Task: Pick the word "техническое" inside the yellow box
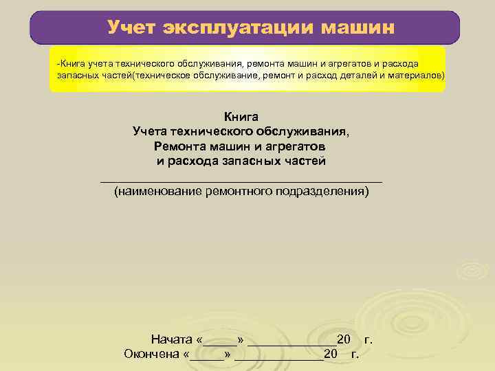[x=160, y=75]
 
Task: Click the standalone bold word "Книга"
[x=241, y=116]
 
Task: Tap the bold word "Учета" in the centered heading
[x=153, y=131]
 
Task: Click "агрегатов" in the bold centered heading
[x=296, y=146]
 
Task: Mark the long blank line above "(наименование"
[x=241, y=180]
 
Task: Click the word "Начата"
[x=172, y=339]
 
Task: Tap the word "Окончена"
[x=152, y=355]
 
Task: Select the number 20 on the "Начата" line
[x=344, y=339]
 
